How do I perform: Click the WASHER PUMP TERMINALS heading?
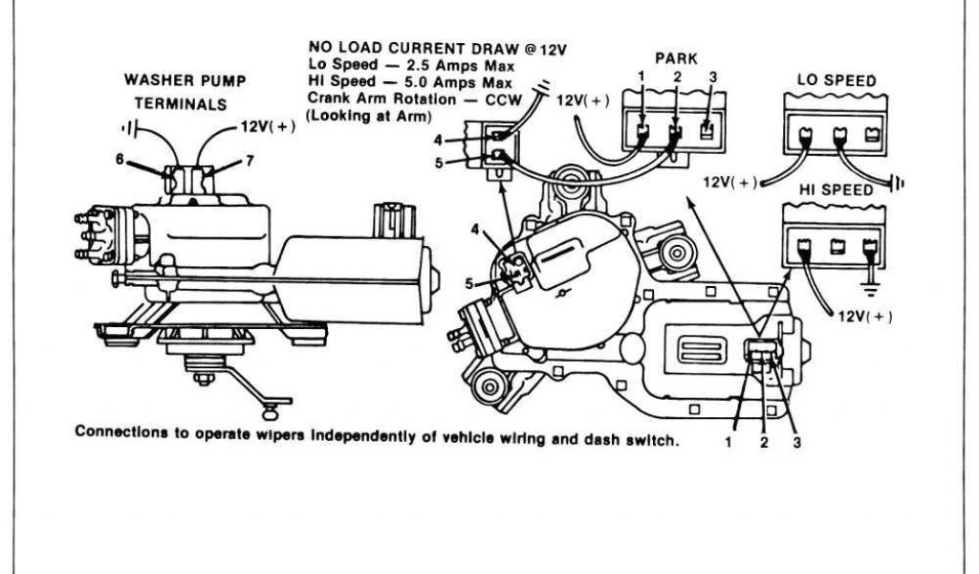tap(185, 92)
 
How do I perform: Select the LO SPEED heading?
tap(837, 82)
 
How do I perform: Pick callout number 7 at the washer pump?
tap(250, 161)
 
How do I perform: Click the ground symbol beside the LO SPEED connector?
tap(900, 182)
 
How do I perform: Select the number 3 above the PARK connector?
tap(712, 77)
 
